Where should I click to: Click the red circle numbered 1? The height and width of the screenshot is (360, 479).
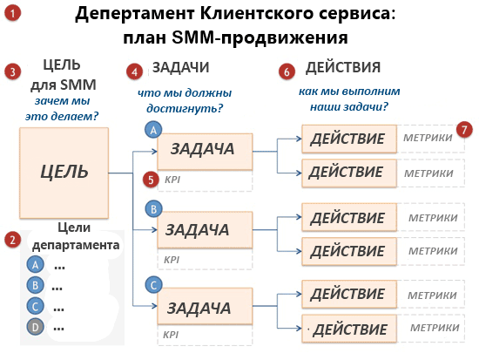(12, 13)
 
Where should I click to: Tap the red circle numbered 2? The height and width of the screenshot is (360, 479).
(12, 240)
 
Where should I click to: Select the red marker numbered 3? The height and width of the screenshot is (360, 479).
(12, 72)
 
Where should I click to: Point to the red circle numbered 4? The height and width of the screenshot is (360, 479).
(134, 71)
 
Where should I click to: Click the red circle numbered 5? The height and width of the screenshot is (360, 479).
(151, 180)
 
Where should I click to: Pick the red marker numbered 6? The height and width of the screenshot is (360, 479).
(287, 71)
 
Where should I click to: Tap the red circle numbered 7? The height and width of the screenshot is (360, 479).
(464, 130)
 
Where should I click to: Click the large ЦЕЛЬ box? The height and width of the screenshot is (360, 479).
(64, 173)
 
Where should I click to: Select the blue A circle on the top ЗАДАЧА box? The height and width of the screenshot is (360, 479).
(153, 130)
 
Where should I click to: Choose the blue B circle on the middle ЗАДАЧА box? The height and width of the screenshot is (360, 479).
(153, 209)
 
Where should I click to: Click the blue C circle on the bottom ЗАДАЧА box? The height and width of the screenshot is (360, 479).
(153, 285)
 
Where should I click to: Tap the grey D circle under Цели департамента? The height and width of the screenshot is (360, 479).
(35, 327)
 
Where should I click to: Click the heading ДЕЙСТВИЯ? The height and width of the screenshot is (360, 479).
(343, 67)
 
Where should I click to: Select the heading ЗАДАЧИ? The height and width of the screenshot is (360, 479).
(181, 67)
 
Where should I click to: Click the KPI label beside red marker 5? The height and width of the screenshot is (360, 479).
(172, 180)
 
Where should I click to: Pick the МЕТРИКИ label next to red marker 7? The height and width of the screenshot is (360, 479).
(428, 138)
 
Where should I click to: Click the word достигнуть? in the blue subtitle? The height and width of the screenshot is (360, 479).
(185, 108)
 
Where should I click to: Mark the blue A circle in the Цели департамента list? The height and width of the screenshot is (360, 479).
(35, 265)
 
